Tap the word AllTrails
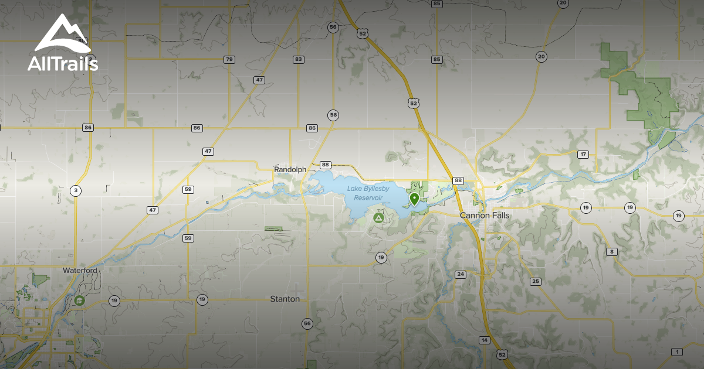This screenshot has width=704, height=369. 63,64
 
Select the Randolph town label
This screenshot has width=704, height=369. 290,169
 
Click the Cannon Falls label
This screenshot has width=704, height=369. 484,216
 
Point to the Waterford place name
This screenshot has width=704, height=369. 80,271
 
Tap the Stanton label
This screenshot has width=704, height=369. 285,299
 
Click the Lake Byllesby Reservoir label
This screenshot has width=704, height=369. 368,193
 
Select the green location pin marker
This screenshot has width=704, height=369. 414,199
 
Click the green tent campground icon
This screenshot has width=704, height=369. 378,218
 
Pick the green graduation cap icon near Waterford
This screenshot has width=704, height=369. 79,300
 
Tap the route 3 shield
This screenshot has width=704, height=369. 75,190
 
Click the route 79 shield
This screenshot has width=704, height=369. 229,60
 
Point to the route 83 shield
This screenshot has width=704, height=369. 299,60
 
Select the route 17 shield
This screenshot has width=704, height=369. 583,155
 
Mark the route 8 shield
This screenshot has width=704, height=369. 612,252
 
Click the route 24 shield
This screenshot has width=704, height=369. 460,274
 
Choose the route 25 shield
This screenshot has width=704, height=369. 535,282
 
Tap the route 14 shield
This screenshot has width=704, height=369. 484,340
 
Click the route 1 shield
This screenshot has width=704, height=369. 677,351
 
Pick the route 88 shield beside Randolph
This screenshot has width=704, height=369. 326,165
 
